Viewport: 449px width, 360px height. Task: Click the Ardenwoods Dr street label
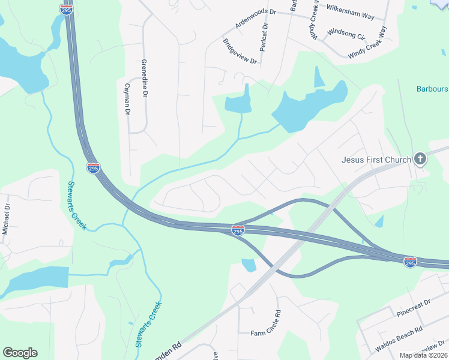tap(255, 20)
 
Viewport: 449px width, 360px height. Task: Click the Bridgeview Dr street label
tap(240, 52)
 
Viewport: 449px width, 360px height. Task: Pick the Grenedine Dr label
tap(144, 79)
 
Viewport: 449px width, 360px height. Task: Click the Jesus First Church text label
tap(376, 160)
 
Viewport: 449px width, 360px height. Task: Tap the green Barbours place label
tap(432, 89)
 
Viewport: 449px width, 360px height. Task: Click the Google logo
tap(20, 353)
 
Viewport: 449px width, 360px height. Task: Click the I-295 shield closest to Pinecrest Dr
tap(410, 262)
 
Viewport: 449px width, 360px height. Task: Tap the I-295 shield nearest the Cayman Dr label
tap(93, 168)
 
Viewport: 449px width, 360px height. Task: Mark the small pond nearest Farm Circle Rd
tap(248, 264)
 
